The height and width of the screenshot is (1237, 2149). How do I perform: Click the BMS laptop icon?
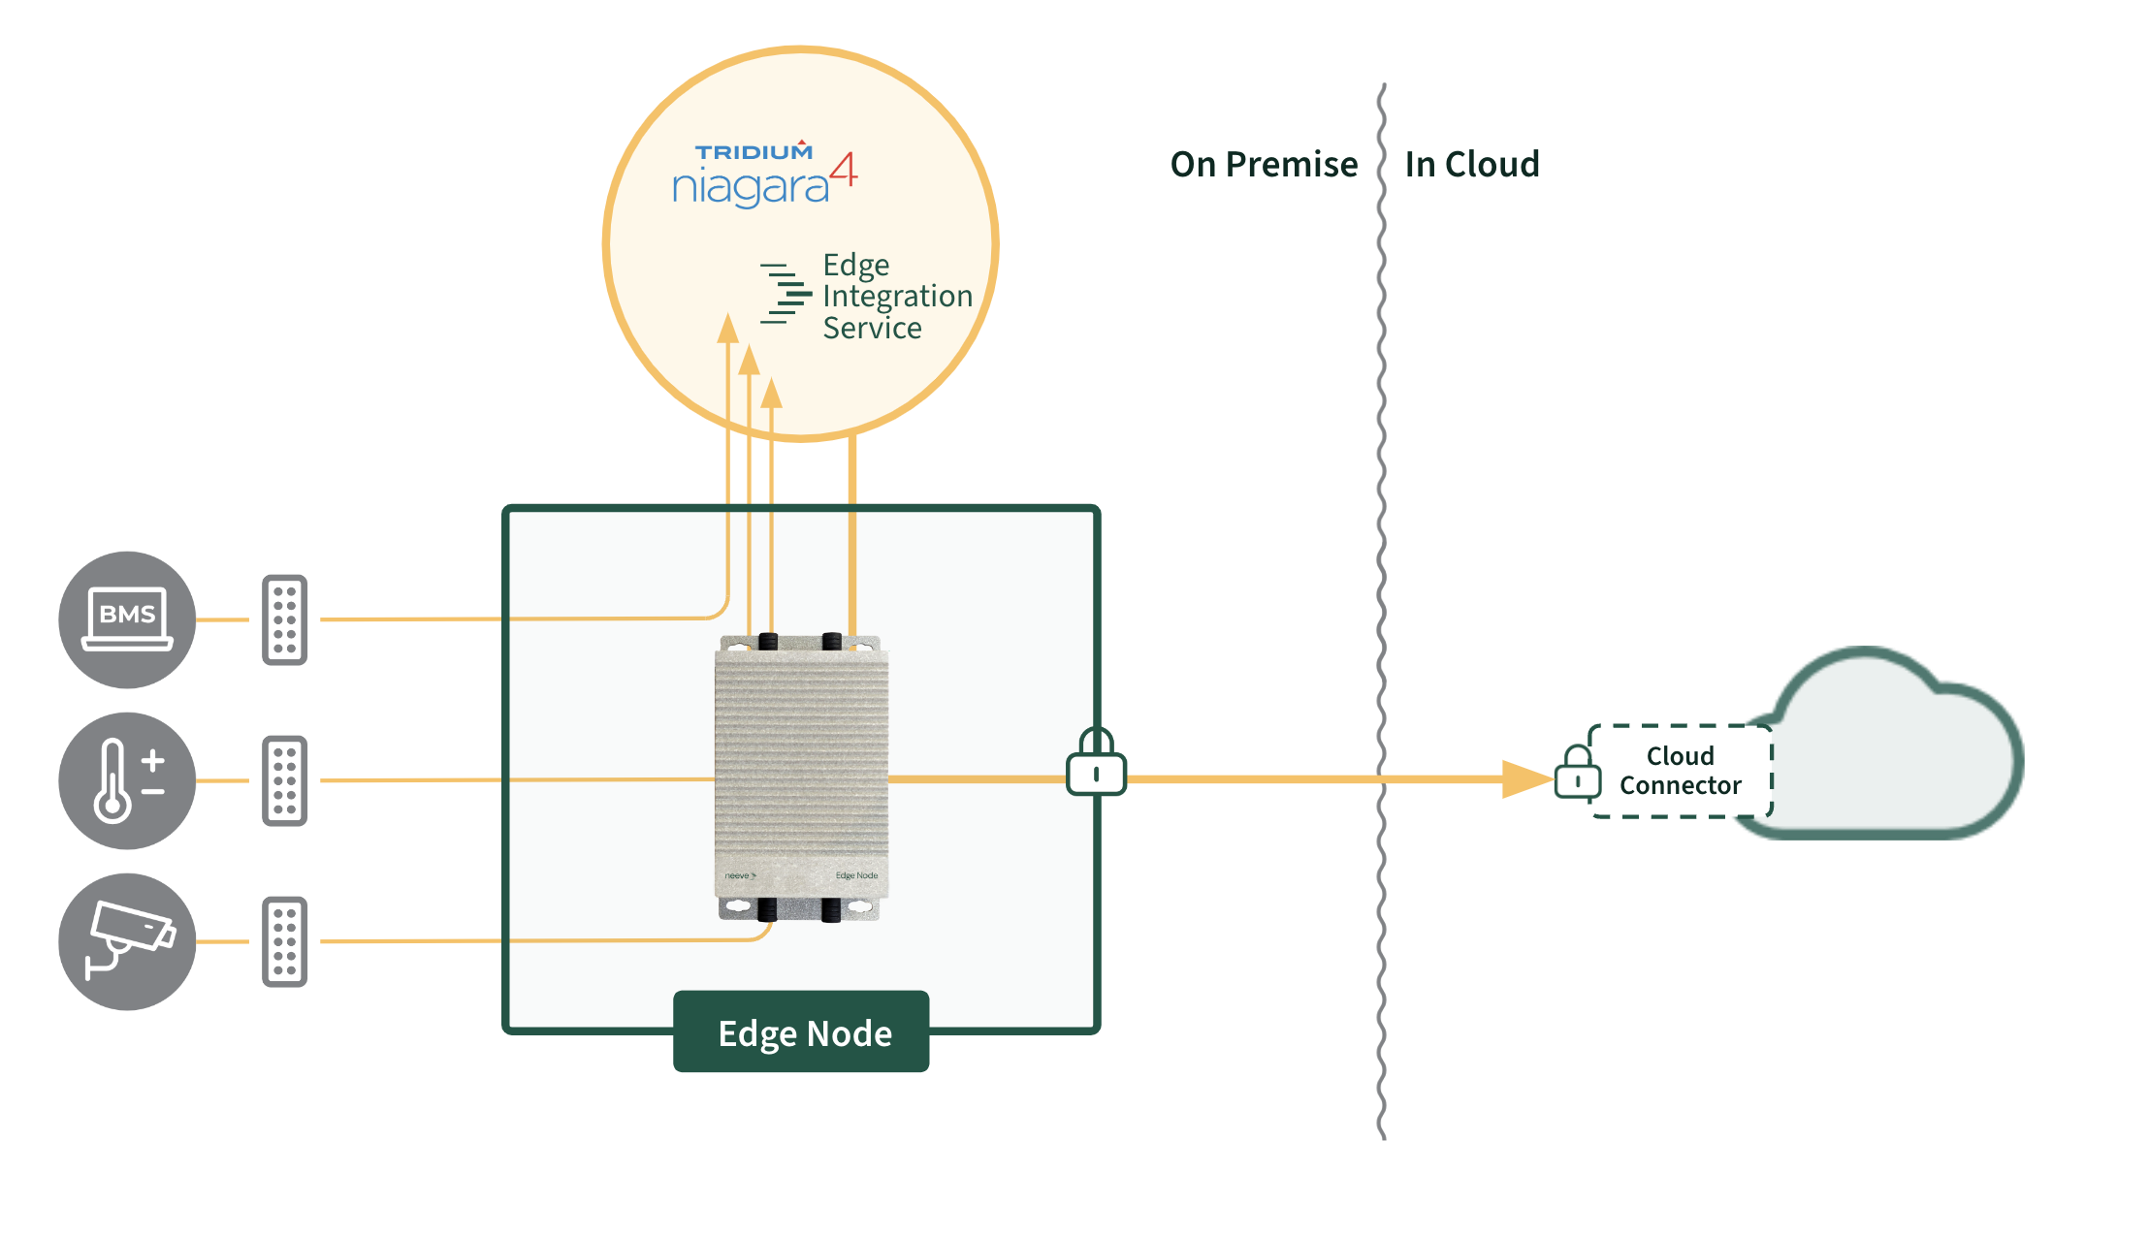click(x=127, y=619)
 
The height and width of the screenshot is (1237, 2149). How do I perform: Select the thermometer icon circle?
click(x=127, y=780)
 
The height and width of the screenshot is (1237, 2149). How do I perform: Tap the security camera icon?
click(x=127, y=941)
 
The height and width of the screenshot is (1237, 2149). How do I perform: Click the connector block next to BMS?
click(x=284, y=619)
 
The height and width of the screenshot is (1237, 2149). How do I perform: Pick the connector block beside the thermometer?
click(x=284, y=780)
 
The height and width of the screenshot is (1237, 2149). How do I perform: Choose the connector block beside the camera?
click(x=284, y=941)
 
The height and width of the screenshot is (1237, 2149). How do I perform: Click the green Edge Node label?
click(x=801, y=1031)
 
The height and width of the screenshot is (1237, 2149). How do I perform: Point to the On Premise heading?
click(x=1264, y=165)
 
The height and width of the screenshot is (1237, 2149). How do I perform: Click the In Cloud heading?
click(x=1472, y=165)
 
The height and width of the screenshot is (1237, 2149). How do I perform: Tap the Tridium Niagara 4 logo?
click(x=765, y=174)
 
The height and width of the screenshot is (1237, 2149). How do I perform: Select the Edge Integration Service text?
click(x=897, y=297)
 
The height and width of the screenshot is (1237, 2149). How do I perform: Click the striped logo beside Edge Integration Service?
click(x=786, y=293)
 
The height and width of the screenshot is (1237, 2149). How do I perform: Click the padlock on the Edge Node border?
click(x=1096, y=762)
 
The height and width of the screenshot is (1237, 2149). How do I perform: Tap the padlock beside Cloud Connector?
click(x=1578, y=773)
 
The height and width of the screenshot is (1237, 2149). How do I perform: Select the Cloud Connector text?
click(x=1681, y=771)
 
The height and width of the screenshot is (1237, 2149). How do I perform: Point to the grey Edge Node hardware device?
click(x=802, y=777)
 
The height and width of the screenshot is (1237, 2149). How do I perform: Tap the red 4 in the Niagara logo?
click(x=844, y=169)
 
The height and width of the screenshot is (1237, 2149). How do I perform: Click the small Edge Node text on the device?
click(x=856, y=875)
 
